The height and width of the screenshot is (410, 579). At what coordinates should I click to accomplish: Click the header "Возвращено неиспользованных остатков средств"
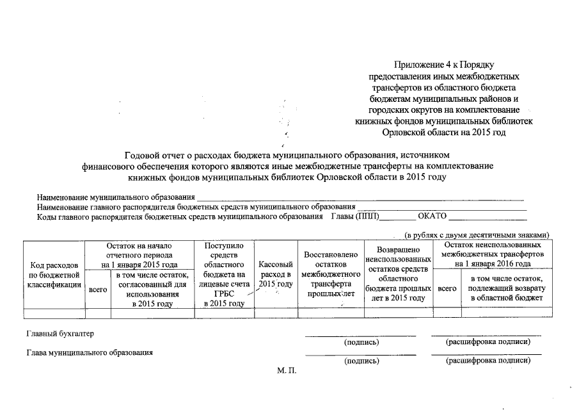[x=398, y=274]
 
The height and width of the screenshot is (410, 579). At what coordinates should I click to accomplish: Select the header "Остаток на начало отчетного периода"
[x=139, y=254]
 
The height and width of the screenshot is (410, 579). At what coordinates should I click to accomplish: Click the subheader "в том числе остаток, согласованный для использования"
[x=151, y=290]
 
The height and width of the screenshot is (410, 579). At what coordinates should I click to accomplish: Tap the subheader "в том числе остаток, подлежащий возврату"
[x=506, y=288]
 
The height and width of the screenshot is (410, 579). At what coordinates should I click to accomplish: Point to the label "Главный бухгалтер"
[x=55, y=334]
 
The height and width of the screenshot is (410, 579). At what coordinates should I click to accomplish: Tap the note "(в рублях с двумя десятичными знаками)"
[x=477, y=235]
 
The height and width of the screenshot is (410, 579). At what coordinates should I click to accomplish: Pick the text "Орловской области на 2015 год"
[x=443, y=132]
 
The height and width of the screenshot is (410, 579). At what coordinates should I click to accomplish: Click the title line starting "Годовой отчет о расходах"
[x=287, y=154]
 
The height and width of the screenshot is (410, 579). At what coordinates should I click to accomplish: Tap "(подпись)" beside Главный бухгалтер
[x=361, y=342]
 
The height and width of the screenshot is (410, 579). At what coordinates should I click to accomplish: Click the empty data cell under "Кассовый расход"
[x=276, y=313]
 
